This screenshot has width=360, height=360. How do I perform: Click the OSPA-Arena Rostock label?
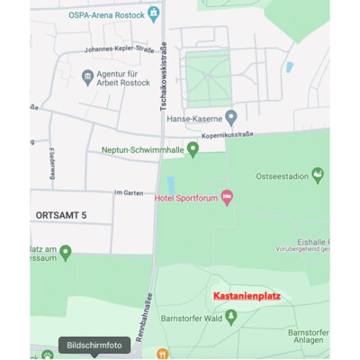point(107,14)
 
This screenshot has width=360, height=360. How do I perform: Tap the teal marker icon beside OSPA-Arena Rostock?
point(155,13)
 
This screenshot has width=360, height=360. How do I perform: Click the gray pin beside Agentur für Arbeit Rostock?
point(88,76)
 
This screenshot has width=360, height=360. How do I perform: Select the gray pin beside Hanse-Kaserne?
point(231,116)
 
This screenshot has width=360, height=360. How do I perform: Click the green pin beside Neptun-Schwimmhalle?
point(193,148)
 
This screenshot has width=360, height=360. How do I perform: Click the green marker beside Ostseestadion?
point(317,174)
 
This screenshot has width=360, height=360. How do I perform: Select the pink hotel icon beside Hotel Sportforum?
point(227,196)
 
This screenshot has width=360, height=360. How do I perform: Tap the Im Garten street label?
point(129,193)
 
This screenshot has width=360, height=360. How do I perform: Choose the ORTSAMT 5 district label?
point(61,216)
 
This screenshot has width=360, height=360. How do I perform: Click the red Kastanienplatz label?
point(247,294)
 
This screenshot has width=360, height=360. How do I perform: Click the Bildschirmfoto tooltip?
point(94,344)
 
